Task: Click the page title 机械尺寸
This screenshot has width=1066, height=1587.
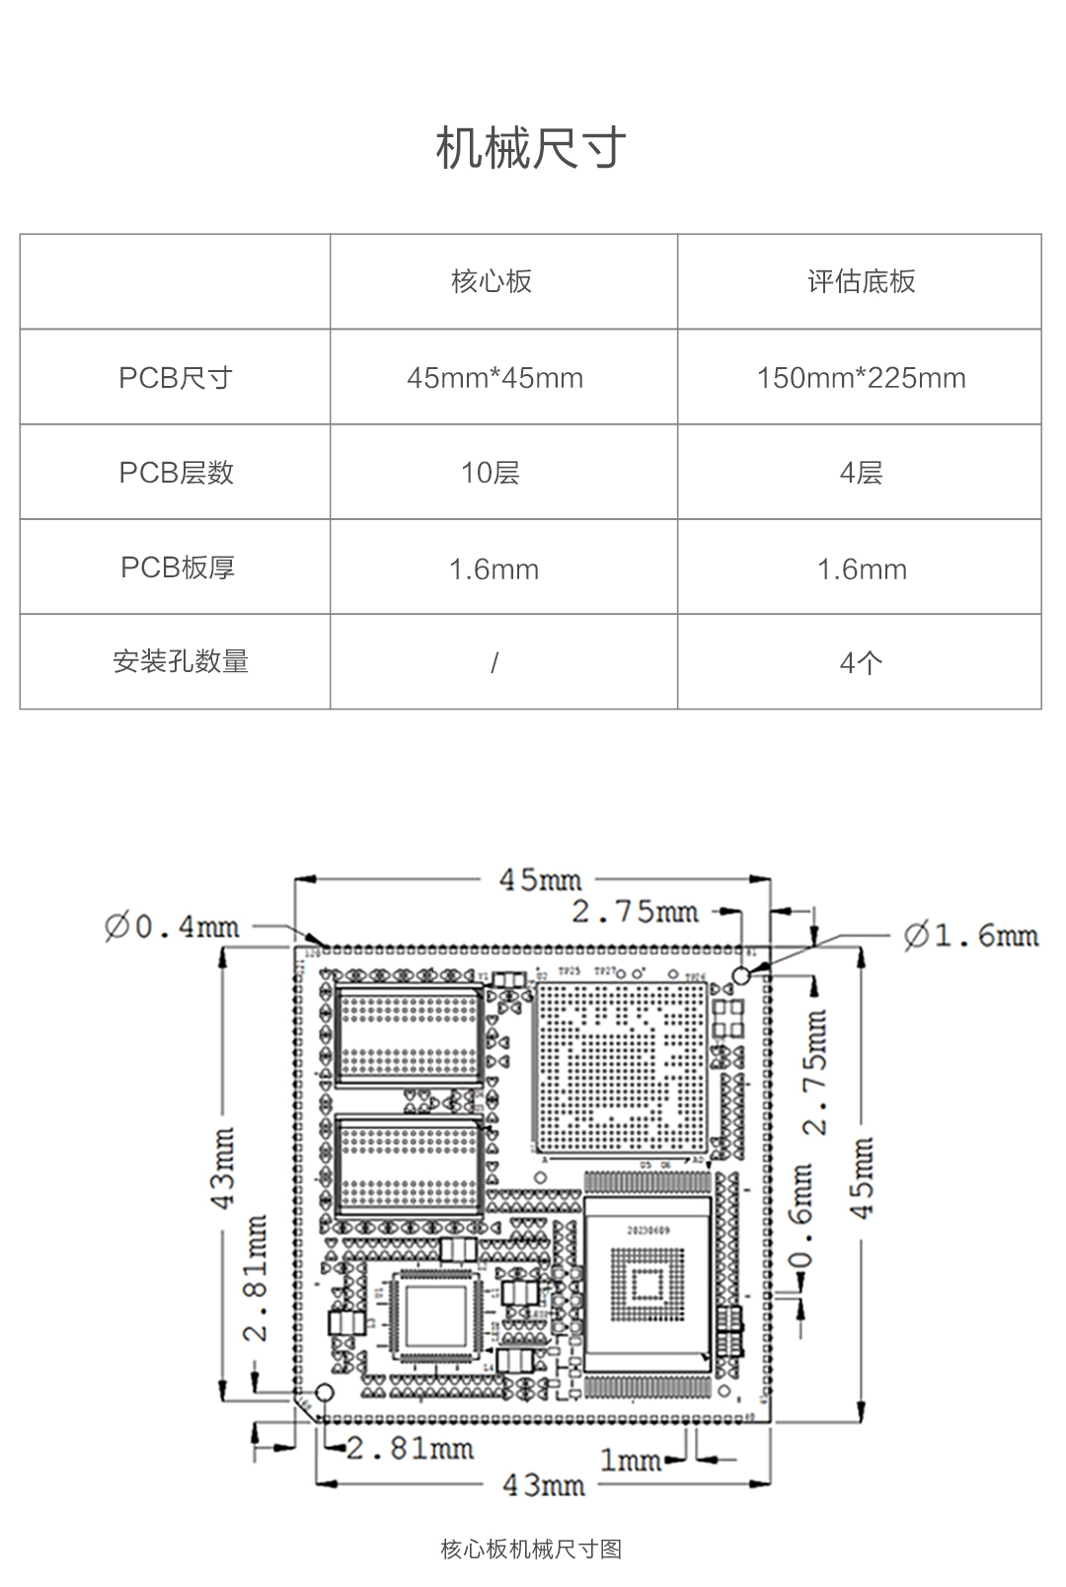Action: (531, 149)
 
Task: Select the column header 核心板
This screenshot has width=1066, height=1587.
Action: (492, 281)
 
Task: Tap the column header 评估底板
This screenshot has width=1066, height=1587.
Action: (861, 281)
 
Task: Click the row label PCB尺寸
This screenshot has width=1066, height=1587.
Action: (176, 377)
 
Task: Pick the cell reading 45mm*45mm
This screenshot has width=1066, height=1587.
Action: (495, 377)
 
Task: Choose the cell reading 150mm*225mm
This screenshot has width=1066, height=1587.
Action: (861, 377)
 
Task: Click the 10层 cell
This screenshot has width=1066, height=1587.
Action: (491, 473)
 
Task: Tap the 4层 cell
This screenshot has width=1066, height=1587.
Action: (861, 473)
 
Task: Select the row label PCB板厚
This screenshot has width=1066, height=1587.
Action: (178, 567)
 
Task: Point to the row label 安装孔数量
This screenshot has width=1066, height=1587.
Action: (181, 661)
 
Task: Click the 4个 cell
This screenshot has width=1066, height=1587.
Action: (861, 662)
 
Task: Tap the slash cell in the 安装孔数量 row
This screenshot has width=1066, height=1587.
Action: (495, 662)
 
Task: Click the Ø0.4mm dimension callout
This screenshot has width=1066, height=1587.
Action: (173, 927)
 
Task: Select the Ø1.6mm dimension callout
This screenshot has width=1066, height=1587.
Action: (971, 935)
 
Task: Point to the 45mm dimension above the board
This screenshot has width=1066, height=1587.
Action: (540, 879)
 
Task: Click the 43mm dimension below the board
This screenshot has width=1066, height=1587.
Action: (544, 1484)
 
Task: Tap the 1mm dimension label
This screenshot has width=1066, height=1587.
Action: (630, 1460)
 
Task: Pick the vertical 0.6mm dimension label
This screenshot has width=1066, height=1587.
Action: (802, 1220)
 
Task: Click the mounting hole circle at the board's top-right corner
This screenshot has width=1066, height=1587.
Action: (741, 975)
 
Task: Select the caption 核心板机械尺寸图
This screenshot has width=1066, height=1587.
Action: (531, 1549)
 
